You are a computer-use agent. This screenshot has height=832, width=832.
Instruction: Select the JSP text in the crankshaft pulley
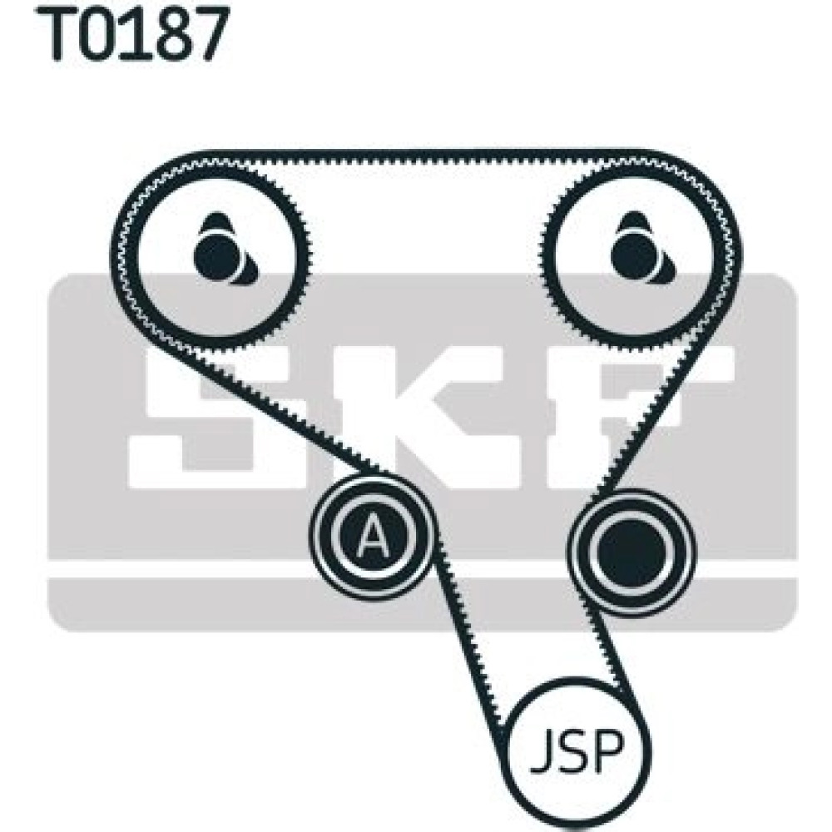[577, 752]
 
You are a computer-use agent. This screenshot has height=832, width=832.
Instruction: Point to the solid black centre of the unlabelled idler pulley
[631, 552]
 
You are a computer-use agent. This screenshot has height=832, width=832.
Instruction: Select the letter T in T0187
[58, 33]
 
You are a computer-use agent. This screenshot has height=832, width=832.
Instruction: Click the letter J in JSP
[542, 752]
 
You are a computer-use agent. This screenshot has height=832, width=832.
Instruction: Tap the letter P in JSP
[609, 752]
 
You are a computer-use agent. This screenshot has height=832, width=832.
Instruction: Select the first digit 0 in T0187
[103, 33]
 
